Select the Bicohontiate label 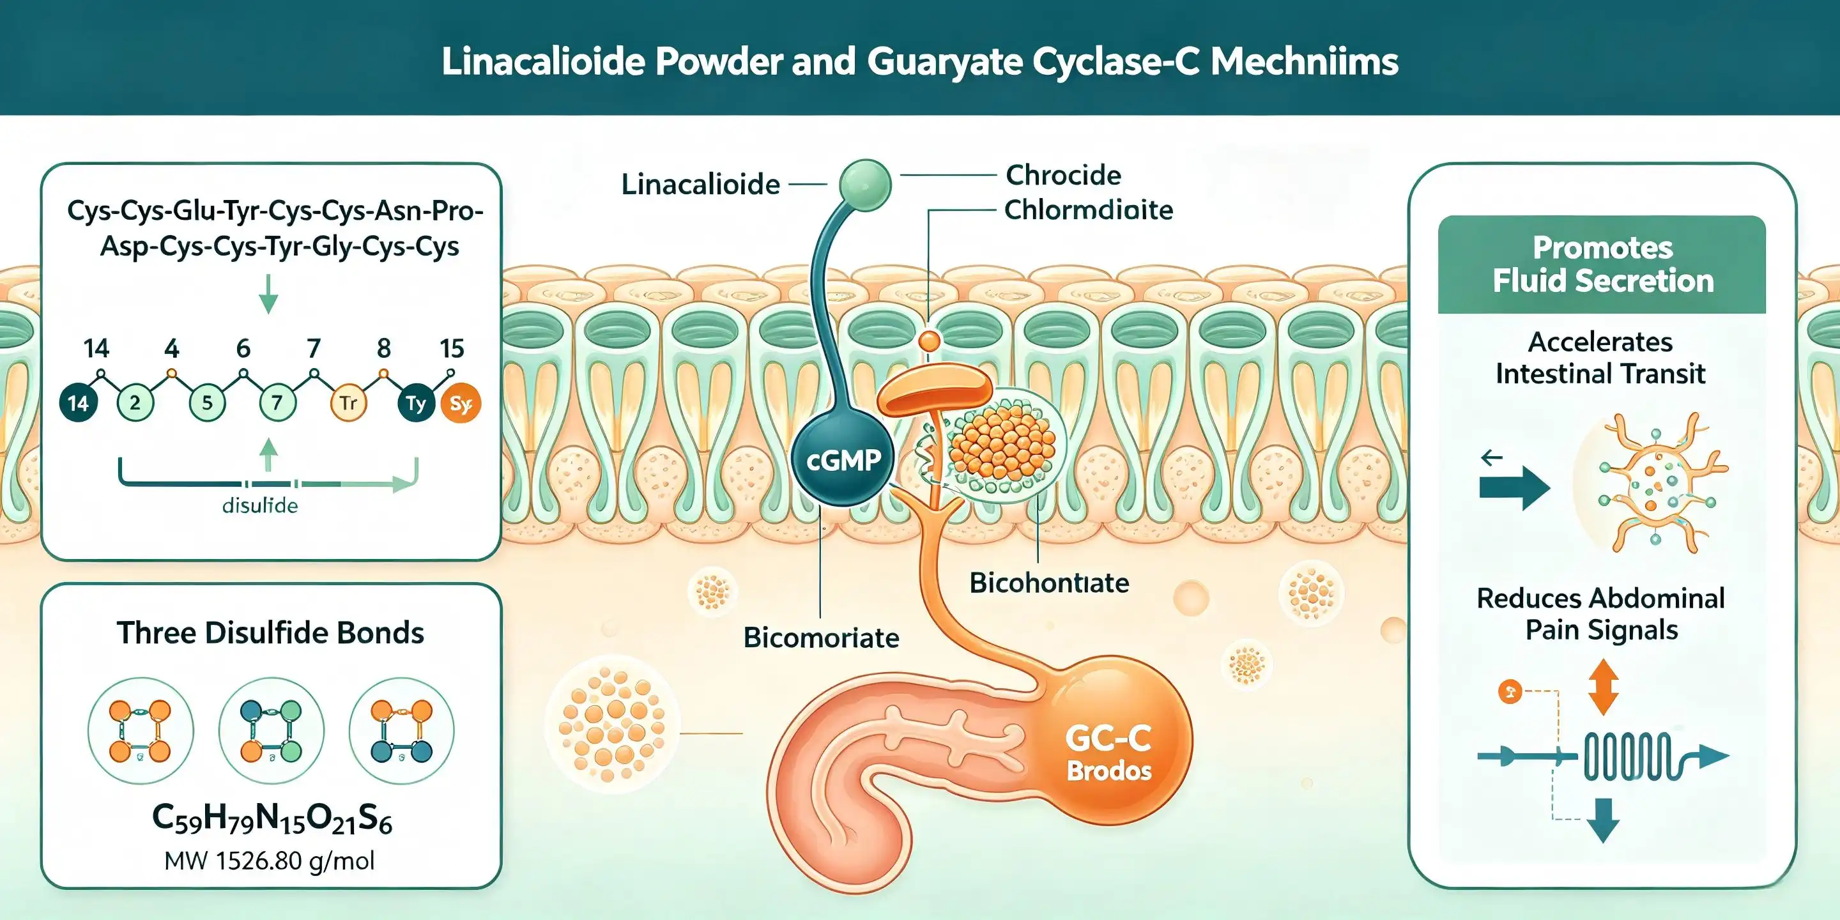point(1049,583)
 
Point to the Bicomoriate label point(821,637)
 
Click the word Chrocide point(1063,175)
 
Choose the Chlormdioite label point(1089,210)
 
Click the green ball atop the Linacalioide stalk point(865,185)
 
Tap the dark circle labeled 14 point(78,403)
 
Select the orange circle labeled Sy point(461,404)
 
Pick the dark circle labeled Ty point(416,403)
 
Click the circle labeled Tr point(348,403)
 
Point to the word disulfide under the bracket point(260,506)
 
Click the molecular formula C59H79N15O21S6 point(272,818)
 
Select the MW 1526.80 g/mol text point(269,861)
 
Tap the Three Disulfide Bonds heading point(271,633)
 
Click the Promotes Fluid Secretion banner point(1602,264)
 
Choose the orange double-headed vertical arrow point(1603,687)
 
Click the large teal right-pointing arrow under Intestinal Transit point(1514,489)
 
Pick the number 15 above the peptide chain point(452,349)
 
